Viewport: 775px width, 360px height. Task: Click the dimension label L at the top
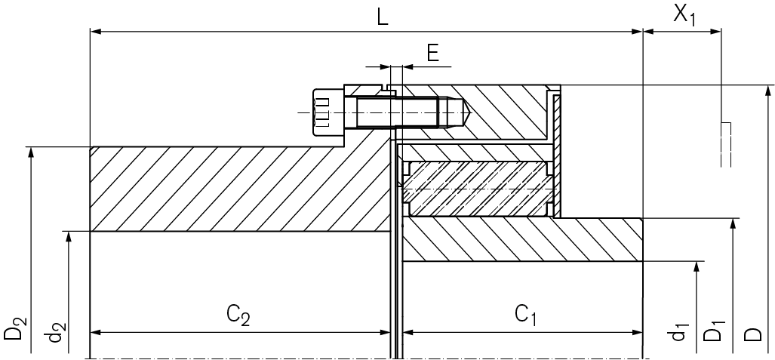pyautogui.click(x=383, y=17)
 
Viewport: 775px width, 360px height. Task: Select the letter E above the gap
pyautogui.click(x=432, y=52)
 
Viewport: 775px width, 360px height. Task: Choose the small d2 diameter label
pyautogui.click(x=55, y=333)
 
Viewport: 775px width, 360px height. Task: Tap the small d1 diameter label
pyautogui.click(x=681, y=332)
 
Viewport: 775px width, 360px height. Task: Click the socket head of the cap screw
pyautogui.click(x=323, y=112)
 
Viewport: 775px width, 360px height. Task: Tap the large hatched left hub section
pyautogui.click(x=226, y=189)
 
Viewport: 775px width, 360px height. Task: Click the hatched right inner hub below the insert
pyautogui.click(x=521, y=239)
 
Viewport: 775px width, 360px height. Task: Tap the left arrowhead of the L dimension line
pyautogui.click(x=94, y=32)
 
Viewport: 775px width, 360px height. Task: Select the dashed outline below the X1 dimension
pyautogui.click(x=726, y=143)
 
